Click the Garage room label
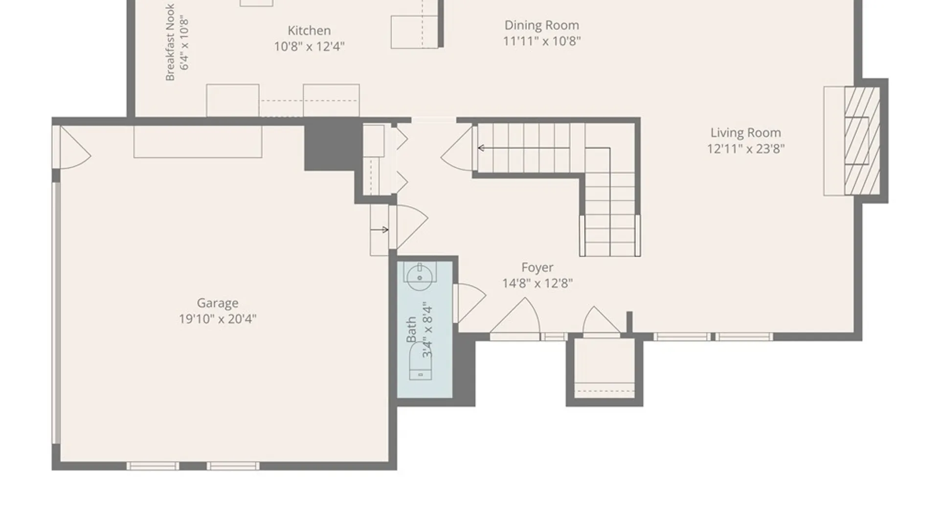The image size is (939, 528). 218,304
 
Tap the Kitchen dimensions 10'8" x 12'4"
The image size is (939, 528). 309,46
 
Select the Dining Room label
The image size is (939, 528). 542,25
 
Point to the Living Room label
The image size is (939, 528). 746,133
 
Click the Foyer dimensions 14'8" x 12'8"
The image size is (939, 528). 537,283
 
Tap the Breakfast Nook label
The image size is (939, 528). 170,42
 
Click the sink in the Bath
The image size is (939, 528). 420,276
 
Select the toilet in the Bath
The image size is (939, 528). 420,362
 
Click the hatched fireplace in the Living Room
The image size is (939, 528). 862,141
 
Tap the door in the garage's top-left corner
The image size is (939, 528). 73,147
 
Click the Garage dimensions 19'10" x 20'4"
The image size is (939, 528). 218,319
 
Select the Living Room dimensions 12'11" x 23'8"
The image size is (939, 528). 746,149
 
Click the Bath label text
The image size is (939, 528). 411,330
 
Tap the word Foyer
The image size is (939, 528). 537,267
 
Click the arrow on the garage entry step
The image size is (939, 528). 380,229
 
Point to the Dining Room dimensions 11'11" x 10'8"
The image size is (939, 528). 542,41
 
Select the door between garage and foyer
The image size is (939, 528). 409,227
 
